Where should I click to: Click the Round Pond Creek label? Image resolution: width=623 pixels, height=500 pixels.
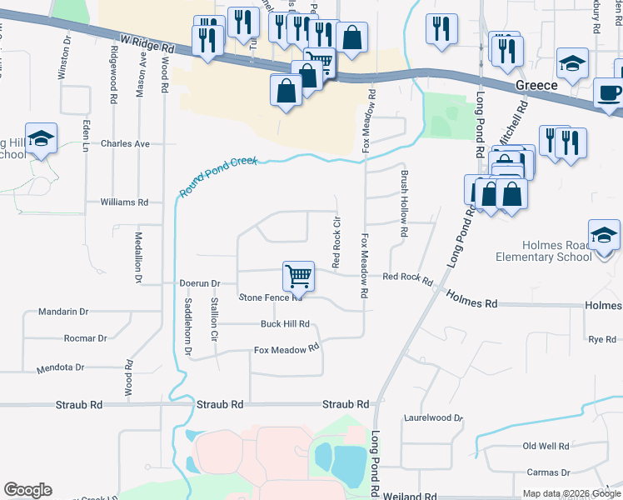pyautogui.click(x=218, y=177)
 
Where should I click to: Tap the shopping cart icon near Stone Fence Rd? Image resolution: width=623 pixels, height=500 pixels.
pyautogui.click(x=298, y=275)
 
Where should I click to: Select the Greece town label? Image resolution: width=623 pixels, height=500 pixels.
pyautogui.click(x=537, y=86)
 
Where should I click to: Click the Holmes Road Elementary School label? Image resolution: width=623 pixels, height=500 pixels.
pyautogui.click(x=557, y=251)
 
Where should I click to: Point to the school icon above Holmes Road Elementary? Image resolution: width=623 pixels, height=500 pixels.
pyautogui.click(x=605, y=234)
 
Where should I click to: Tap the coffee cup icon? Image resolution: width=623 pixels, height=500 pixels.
pyautogui.click(x=610, y=92)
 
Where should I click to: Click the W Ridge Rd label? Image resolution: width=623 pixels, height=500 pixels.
pyautogui.click(x=147, y=42)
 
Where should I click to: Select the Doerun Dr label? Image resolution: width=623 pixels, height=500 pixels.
pyautogui.click(x=199, y=283)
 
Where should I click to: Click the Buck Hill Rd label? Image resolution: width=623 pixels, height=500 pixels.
pyautogui.click(x=285, y=324)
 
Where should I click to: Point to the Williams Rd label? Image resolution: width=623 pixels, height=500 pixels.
pyautogui.click(x=123, y=202)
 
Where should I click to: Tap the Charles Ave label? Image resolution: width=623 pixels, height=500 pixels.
pyautogui.click(x=125, y=143)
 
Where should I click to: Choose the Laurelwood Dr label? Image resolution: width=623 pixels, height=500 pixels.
pyautogui.click(x=432, y=417)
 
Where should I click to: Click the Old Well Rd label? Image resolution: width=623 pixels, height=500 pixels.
pyautogui.click(x=546, y=447)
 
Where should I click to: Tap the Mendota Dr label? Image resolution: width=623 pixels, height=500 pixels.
pyautogui.click(x=61, y=367)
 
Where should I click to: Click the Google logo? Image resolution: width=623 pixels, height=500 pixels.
pyautogui.click(x=27, y=490)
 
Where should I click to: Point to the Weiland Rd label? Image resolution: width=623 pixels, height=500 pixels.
pyautogui.click(x=413, y=497)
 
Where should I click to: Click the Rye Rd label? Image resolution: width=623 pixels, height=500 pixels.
pyautogui.click(x=601, y=339)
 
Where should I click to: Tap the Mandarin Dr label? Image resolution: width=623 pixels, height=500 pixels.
pyautogui.click(x=63, y=312)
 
